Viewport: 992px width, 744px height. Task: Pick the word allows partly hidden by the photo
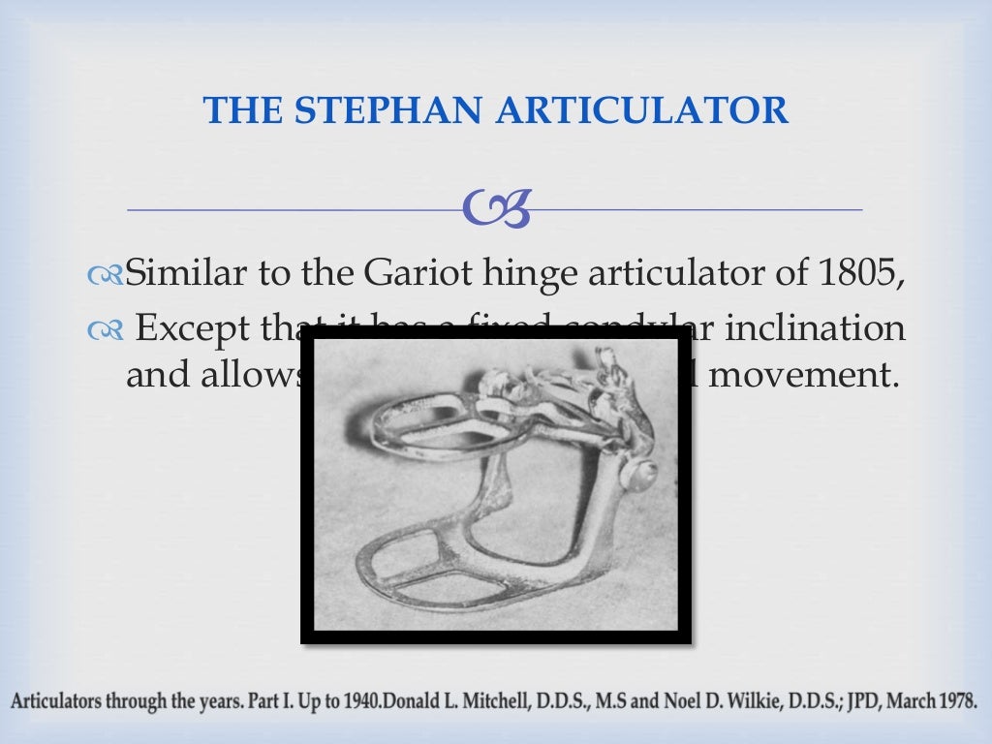pos(254,375)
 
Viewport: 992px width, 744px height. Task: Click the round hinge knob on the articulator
pos(639,475)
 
